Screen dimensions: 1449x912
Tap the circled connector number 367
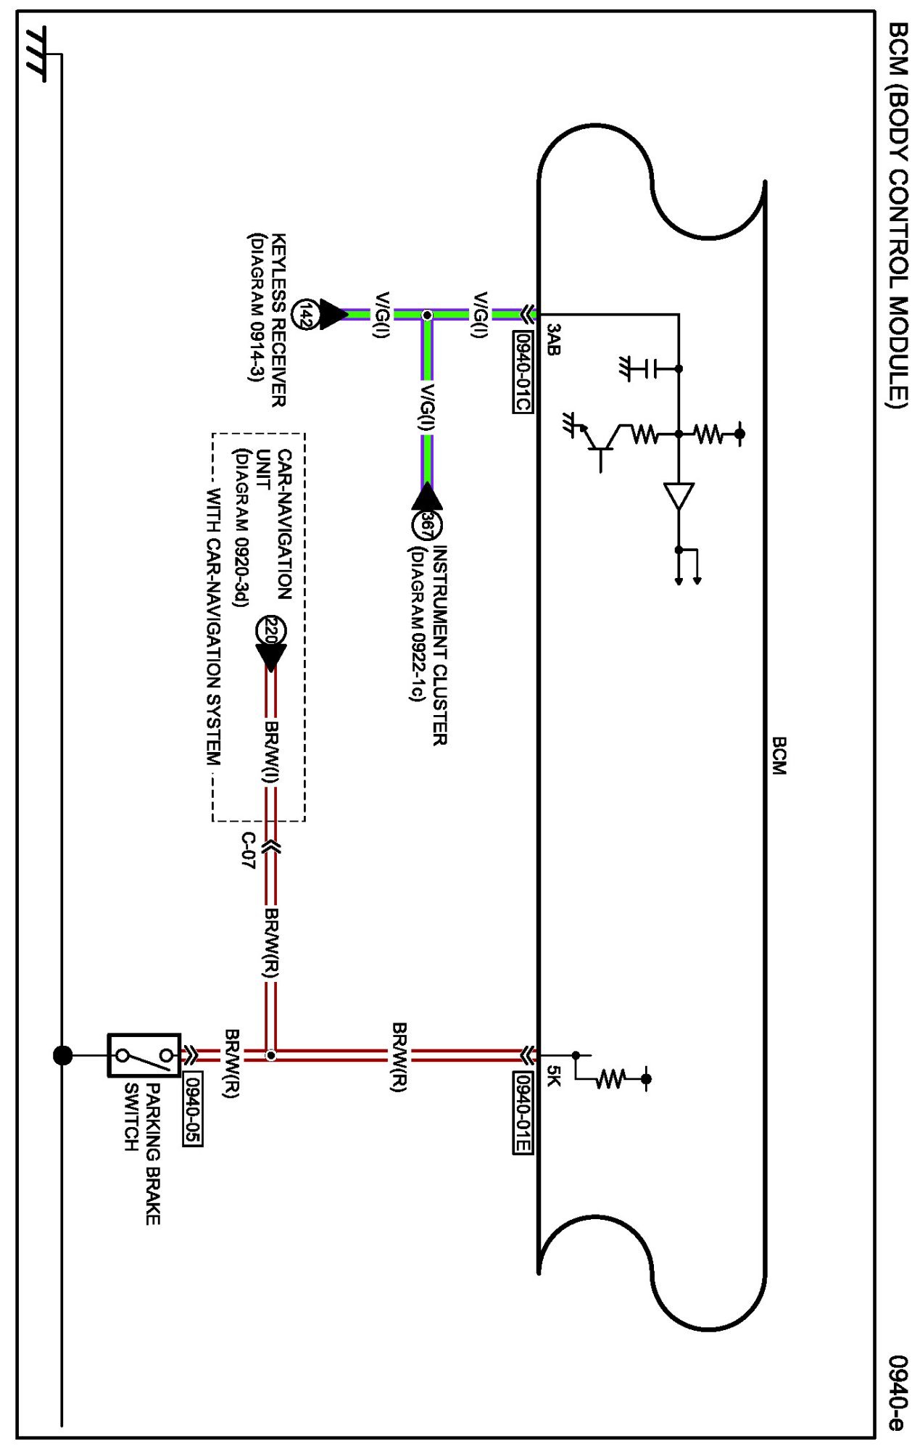click(427, 524)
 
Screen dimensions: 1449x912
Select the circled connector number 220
click(270, 631)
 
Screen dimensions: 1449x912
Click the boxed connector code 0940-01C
click(523, 371)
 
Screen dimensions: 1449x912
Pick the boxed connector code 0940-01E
click(523, 1112)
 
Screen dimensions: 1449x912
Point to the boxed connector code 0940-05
click(192, 1108)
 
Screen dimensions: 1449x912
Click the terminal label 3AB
click(553, 340)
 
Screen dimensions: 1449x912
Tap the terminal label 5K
click(553, 1076)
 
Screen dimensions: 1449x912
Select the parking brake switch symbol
click(144, 1055)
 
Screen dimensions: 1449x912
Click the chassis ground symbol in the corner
click(36, 54)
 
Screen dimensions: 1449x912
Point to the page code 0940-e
click(898, 1392)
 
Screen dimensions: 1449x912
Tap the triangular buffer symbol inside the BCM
click(679, 496)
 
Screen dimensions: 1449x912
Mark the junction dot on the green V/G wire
click(427, 315)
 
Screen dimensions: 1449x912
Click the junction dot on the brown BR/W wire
click(270, 1055)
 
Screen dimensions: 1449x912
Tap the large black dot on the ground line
click(63, 1055)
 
